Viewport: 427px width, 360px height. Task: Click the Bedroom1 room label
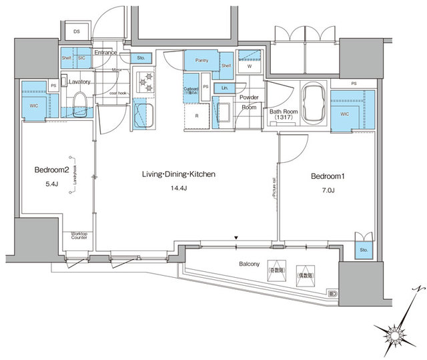[x=327, y=176]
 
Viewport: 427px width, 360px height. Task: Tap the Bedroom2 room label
[x=51, y=170]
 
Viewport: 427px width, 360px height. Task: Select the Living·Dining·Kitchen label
[x=177, y=174]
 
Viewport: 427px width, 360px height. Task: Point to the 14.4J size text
[x=177, y=188]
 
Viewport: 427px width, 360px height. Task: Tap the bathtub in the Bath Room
[x=312, y=104]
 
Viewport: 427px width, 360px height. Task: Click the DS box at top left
[x=76, y=31]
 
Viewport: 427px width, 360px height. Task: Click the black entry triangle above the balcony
[x=236, y=237]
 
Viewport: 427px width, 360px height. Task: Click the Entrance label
[x=105, y=52]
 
